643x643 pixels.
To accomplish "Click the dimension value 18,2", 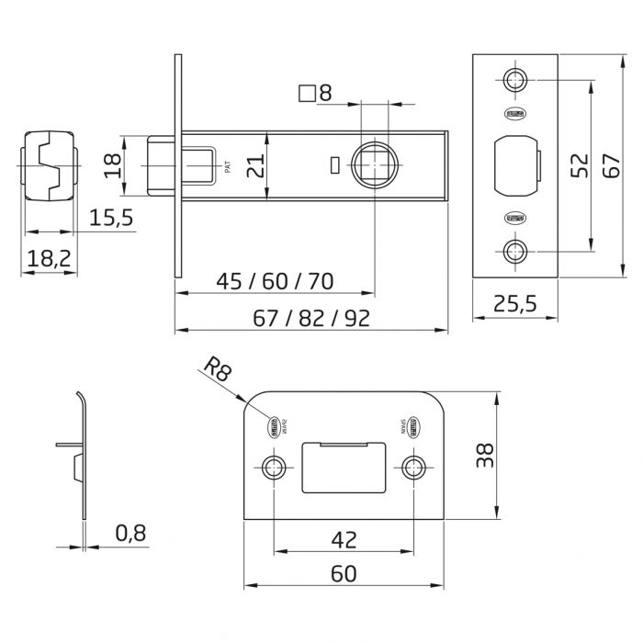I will coord(48,259).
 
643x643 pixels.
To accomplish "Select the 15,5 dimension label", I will coord(111,218).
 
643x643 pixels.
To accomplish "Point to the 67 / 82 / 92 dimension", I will coord(311,318).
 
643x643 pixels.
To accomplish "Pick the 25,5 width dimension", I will coord(515,305).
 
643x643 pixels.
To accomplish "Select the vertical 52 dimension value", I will coord(580,165).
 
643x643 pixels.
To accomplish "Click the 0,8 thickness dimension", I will coord(132,532).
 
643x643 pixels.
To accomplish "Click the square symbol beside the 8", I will coord(308,93).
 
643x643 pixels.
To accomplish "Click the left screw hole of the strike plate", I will coord(273,467).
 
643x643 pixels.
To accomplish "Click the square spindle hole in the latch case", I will coord(376,165).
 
